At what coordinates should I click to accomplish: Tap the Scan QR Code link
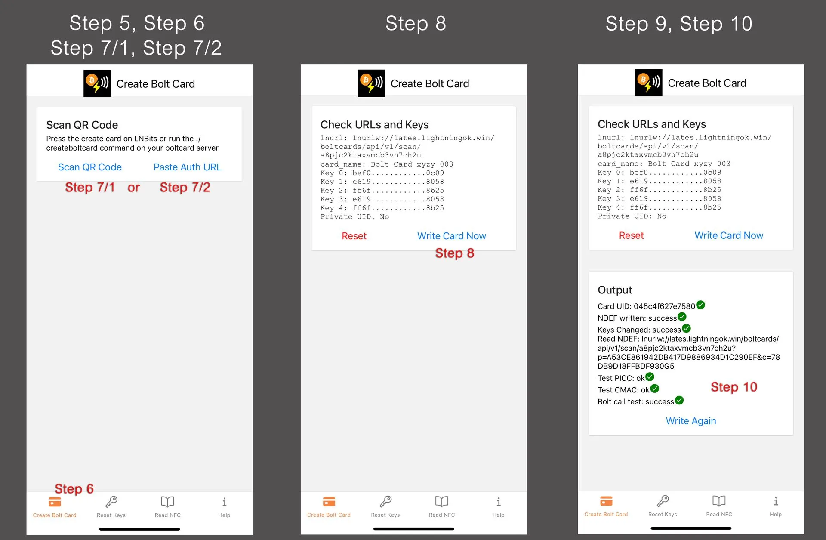[89, 167]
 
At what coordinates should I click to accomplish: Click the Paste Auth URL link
[188, 167]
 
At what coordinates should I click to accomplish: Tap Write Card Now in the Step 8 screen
[452, 236]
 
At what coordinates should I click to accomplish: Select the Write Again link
[691, 421]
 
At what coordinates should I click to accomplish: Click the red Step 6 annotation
[74, 489]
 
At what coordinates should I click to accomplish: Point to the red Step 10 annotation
[734, 387]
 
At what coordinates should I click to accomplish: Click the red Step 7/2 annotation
[185, 187]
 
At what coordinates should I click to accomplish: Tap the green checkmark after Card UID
[701, 305]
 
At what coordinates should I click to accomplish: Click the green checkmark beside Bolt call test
[679, 401]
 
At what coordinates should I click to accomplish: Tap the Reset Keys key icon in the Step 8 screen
[385, 501]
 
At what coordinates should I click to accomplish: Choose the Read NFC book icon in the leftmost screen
[167, 502]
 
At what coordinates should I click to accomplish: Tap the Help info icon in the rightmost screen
[776, 501]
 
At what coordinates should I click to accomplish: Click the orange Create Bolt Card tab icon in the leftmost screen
[55, 502]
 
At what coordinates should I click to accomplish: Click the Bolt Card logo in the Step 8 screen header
[371, 83]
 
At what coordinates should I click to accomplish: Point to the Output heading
[615, 290]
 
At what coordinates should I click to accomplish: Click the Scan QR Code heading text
[82, 125]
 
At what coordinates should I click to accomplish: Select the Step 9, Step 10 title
[679, 24]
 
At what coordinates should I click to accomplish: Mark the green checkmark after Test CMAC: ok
[655, 389]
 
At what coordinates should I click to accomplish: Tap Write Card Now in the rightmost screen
[729, 235]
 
